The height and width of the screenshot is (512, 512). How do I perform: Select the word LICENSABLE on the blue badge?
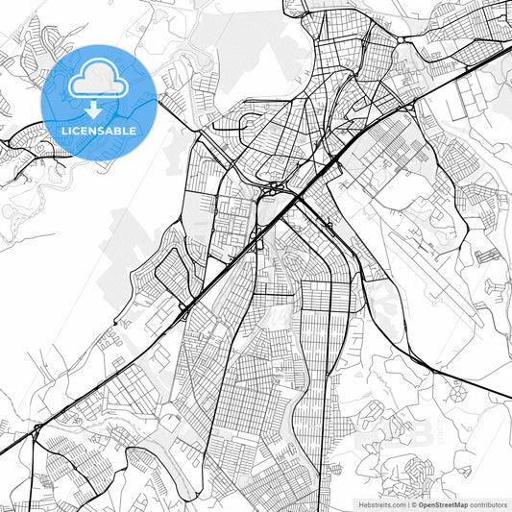[99, 131]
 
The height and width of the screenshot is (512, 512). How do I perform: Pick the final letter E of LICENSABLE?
[134, 131]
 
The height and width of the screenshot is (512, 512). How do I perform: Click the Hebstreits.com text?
[378, 503]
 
